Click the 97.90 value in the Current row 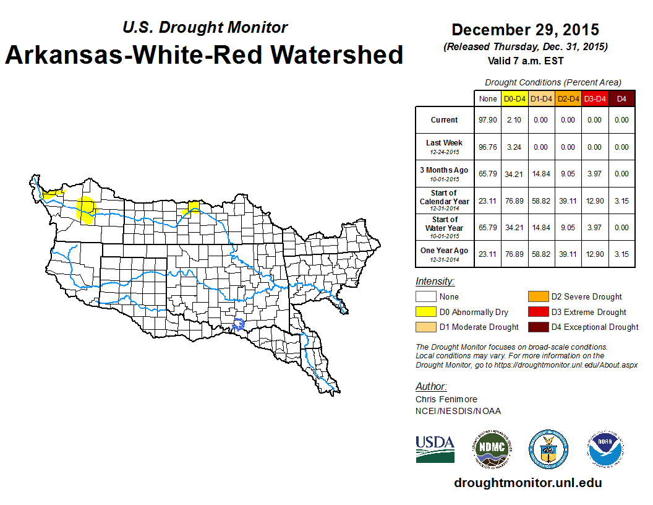488,120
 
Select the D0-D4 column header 514,99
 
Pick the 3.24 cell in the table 514,147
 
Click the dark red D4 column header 621,99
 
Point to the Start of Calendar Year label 444,201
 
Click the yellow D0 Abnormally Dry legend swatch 425,312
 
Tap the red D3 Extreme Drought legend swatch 537,312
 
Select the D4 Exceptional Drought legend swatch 537,327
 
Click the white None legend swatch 425,297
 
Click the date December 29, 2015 525,30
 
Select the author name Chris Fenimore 446,399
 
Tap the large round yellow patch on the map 86,209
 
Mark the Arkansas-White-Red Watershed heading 204,54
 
